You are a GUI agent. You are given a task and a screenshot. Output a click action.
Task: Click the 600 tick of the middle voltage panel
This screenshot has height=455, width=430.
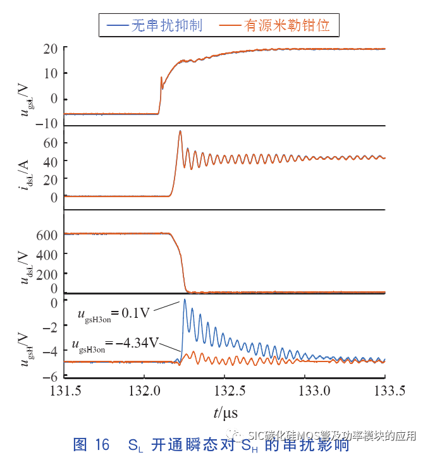click(50, 234)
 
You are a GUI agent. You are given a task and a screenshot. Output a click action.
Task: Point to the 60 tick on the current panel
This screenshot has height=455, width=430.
click(51, 143)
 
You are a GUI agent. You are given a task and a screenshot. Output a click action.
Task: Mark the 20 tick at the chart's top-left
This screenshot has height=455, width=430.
click(51, 49)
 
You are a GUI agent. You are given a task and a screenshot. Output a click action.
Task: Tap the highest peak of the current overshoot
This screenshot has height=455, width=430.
click(180, 131)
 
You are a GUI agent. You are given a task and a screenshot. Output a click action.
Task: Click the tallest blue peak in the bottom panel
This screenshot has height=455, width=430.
click(185, 300)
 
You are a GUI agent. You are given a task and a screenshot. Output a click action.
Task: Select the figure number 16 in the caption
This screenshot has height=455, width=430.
click(102, 444)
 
